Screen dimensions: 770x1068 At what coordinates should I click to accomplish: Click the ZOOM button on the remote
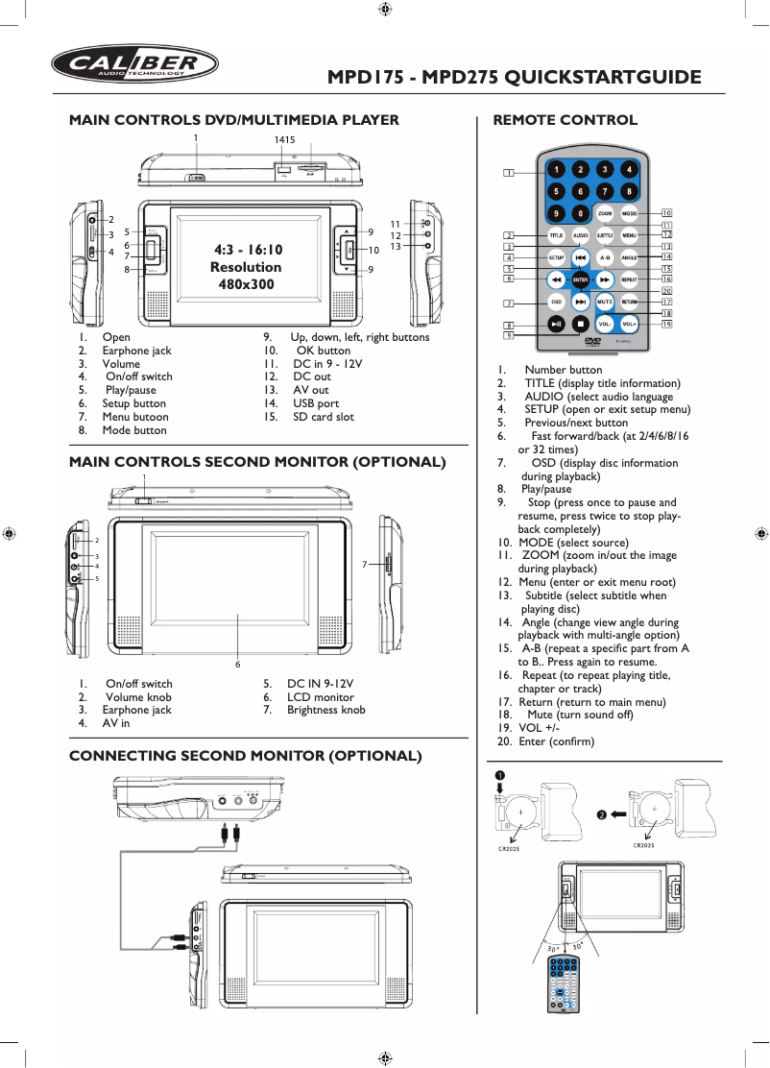click(605, 212)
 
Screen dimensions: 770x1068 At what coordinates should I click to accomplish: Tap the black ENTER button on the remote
click(580, 279)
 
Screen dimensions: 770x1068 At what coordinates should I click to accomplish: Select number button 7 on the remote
click(605, 190)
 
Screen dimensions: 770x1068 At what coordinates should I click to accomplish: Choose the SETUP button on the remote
click(556, 257)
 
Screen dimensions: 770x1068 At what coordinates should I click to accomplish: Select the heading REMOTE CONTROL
click(565, 120)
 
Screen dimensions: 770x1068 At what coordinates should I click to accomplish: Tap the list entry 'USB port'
click(316, 403)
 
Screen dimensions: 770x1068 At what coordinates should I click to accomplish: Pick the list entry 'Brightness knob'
click(325, 710)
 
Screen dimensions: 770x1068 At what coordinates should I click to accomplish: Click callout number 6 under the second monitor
click(238, 665)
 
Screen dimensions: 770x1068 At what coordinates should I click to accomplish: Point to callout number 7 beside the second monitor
click(365, 565)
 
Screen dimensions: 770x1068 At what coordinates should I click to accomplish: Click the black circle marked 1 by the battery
click(500, 774)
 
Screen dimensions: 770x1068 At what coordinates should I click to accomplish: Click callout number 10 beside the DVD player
click(373, 251)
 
